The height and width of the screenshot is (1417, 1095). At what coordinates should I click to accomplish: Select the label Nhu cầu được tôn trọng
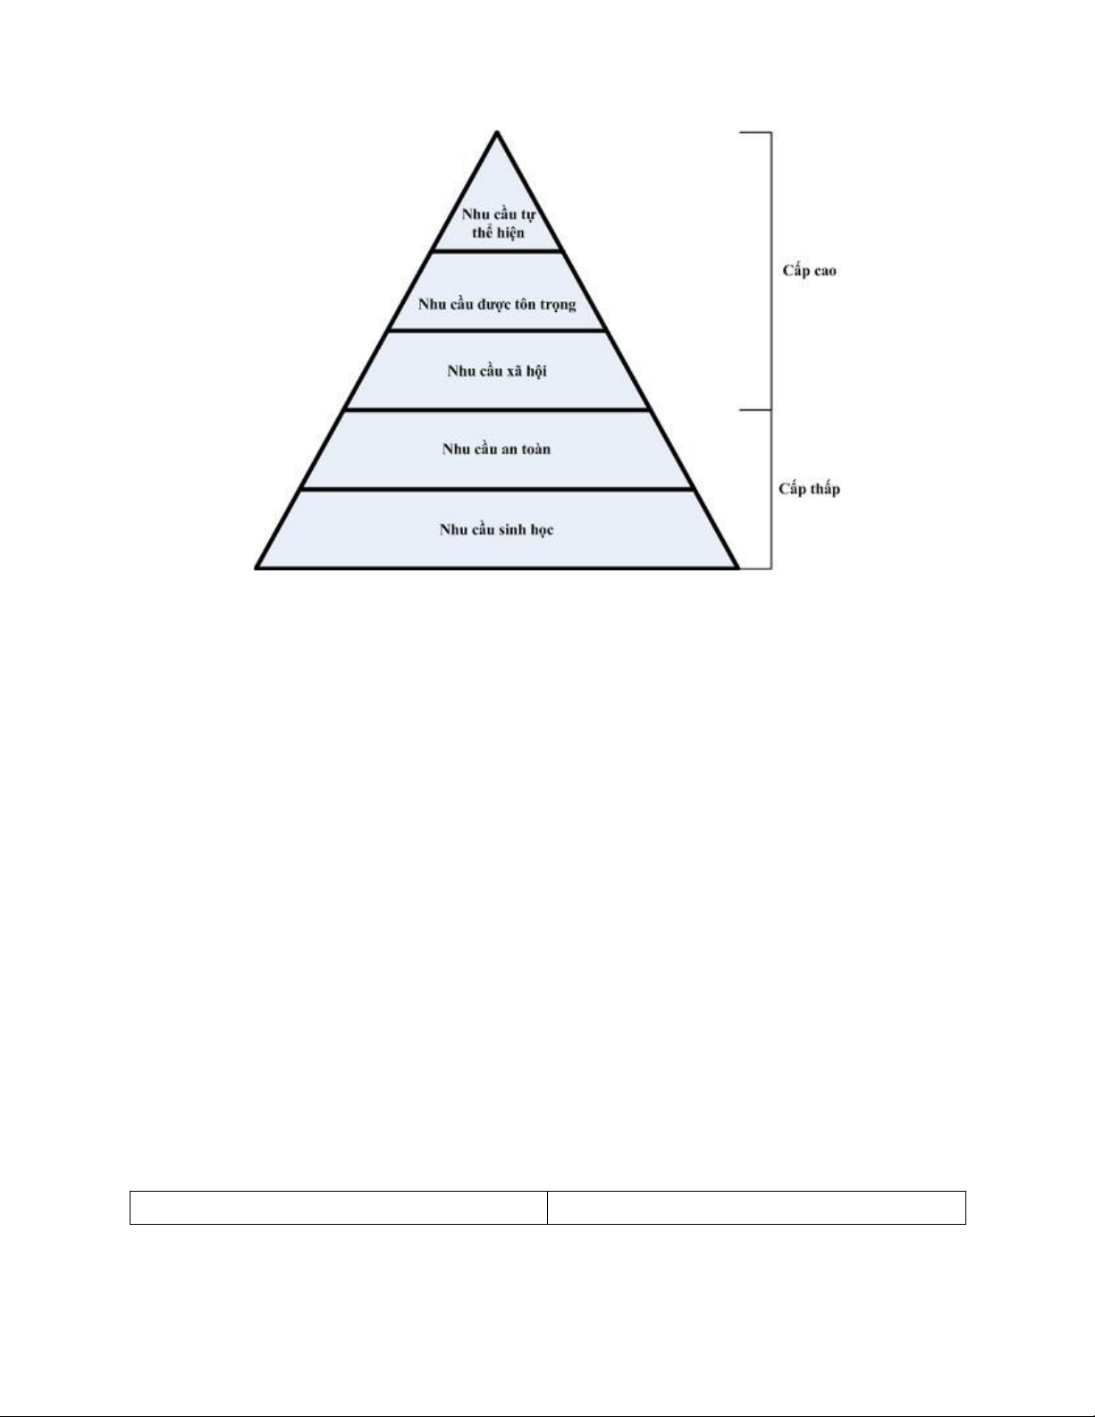click(497, 304)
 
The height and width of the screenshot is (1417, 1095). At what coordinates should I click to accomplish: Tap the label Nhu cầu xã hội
click(497, 370)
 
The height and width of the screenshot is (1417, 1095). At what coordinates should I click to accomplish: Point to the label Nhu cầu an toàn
click(496, 449)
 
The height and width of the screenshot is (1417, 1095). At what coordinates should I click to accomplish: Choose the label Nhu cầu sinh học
click(496, 529)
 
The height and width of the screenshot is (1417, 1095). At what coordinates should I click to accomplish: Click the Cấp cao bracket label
click(809, 271)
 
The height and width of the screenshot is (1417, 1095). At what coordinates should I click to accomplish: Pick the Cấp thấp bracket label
click(809, 489)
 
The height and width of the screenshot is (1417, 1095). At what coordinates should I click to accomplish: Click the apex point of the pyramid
click(497, 133)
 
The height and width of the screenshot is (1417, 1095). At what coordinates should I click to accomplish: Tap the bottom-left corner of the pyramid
click(257, 567)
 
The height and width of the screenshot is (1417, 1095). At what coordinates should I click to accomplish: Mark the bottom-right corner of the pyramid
click(737, 567)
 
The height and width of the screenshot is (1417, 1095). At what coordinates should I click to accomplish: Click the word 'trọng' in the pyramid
click(557, 305)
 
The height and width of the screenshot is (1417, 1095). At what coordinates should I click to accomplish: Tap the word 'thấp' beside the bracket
click(823, 489)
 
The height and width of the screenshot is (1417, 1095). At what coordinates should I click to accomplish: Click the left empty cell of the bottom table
click(338, 1207)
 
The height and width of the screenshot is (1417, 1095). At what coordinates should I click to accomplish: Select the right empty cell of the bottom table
click(756, 1207)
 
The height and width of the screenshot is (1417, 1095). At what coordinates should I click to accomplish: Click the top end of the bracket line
click(771, 133)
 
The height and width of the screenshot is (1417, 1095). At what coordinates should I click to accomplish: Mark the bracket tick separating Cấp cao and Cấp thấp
click(755, 410)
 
